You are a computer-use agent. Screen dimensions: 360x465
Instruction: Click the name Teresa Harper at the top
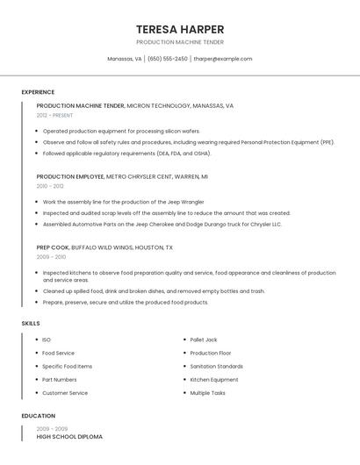180,29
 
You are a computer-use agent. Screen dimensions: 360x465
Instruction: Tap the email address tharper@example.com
222,59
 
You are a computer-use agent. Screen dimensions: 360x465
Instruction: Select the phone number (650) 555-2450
167,59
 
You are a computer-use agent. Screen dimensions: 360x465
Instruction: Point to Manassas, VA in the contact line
124,59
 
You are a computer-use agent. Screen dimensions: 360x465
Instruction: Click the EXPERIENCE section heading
38,92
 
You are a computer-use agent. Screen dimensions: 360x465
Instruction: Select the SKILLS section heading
31,324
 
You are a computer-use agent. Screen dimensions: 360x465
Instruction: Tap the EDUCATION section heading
38,416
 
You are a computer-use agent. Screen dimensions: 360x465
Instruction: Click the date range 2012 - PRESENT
54,115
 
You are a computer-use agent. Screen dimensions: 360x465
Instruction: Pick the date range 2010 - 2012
50,186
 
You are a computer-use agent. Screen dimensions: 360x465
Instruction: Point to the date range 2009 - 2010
51,257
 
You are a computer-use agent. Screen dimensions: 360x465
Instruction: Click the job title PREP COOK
52,247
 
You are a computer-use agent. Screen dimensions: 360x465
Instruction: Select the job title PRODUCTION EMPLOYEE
69,176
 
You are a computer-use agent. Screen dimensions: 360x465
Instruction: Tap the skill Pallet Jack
204,340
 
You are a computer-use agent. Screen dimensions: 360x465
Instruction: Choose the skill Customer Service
65,393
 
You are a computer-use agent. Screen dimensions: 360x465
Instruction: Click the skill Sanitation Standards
216,366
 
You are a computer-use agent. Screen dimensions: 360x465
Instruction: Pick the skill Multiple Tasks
207,393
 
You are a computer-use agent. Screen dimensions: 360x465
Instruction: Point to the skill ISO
47,340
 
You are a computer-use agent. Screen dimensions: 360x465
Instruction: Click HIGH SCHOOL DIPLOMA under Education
69,436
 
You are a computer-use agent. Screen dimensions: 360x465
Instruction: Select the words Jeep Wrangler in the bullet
185,202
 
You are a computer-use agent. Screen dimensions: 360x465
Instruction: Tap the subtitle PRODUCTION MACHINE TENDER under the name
180,41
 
